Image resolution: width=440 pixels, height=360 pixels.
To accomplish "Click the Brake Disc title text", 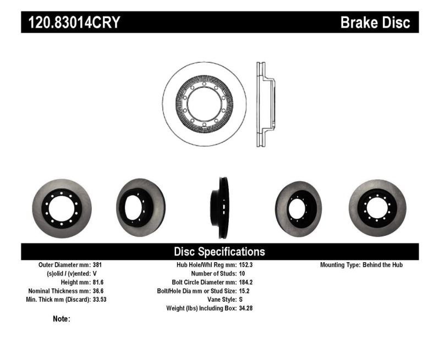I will click(x=375, y=23).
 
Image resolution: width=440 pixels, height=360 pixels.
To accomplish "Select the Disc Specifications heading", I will click(x=219, y=252).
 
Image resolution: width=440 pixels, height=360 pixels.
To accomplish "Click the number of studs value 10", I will click(x=243, y=274).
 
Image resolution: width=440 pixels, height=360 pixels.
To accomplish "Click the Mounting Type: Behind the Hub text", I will click(x=361, y=265).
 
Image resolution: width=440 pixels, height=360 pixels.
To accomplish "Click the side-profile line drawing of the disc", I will click(x=265, y=104).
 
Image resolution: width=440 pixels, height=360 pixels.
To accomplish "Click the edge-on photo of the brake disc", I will click(x=223, y=208).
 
